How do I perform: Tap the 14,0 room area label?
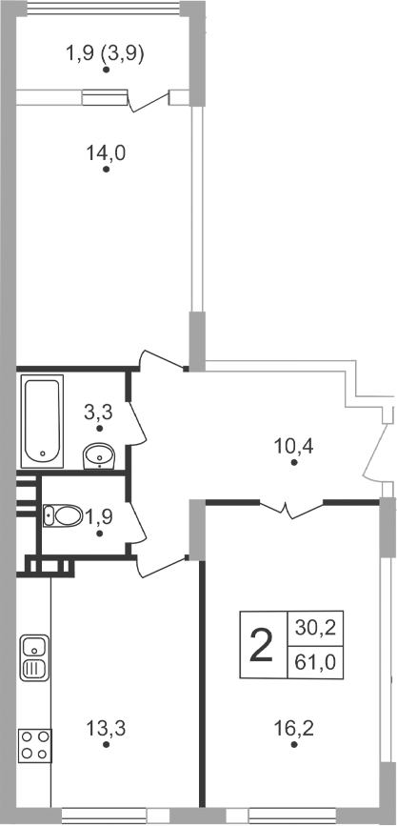[x=107, y=151]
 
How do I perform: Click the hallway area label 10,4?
[x=294, y=443]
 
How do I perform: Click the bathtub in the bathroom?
[x=43, y=418]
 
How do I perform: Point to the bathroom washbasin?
[x=99, y=458]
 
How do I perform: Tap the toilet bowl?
[x=62, y=515]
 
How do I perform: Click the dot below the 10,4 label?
[x=294, y=463]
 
